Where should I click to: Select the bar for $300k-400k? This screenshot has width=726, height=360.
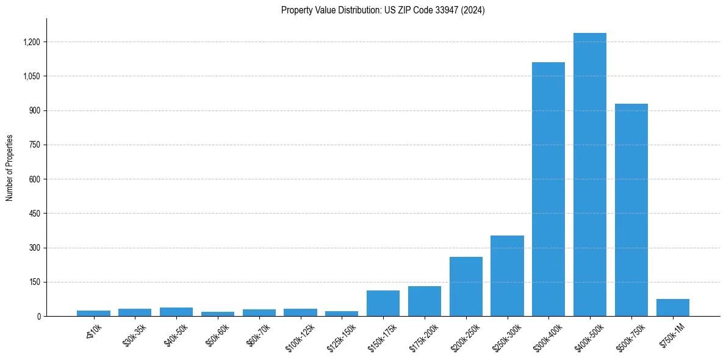point(548,189)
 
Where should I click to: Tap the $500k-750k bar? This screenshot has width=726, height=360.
point(631,210)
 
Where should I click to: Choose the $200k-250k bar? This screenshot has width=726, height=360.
point(466,286)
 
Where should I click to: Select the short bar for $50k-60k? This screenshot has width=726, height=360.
point(218,314)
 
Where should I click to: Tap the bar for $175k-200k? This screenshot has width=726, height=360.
point(425,301)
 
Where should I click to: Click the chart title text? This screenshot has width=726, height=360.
point(383,10)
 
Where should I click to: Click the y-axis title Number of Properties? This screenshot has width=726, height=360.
point(10,168)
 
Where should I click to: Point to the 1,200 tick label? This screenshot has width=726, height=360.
point(32,42)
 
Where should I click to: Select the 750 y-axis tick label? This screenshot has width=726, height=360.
point(35,145)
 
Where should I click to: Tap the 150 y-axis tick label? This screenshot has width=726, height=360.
point(35,283)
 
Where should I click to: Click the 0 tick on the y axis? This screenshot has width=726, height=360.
point(38,317)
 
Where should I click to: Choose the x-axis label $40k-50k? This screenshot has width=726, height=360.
point(176,333)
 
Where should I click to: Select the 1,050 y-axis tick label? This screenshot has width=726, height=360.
point(32,76)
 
